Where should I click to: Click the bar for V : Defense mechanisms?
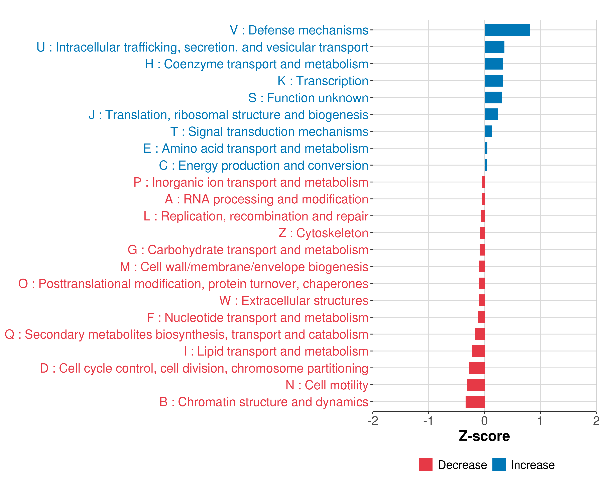(x=507, y=30)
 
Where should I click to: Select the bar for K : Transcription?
(x=494, y=81)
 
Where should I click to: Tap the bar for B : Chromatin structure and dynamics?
(x=475, y=402)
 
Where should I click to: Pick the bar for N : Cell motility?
(x=476, y=385)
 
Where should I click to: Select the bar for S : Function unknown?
(x=493, y=98)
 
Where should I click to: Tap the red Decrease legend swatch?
(x=426, y=465)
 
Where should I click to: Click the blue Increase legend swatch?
(x=499, y=465)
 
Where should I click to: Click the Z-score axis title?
(x=484, y=436)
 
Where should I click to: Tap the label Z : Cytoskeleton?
(x=323, y=233)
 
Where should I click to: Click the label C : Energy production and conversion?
(x=263, y=165)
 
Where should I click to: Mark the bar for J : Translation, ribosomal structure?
(x=491, y=115)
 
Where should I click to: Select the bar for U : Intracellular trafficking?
(x=494, y=47)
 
